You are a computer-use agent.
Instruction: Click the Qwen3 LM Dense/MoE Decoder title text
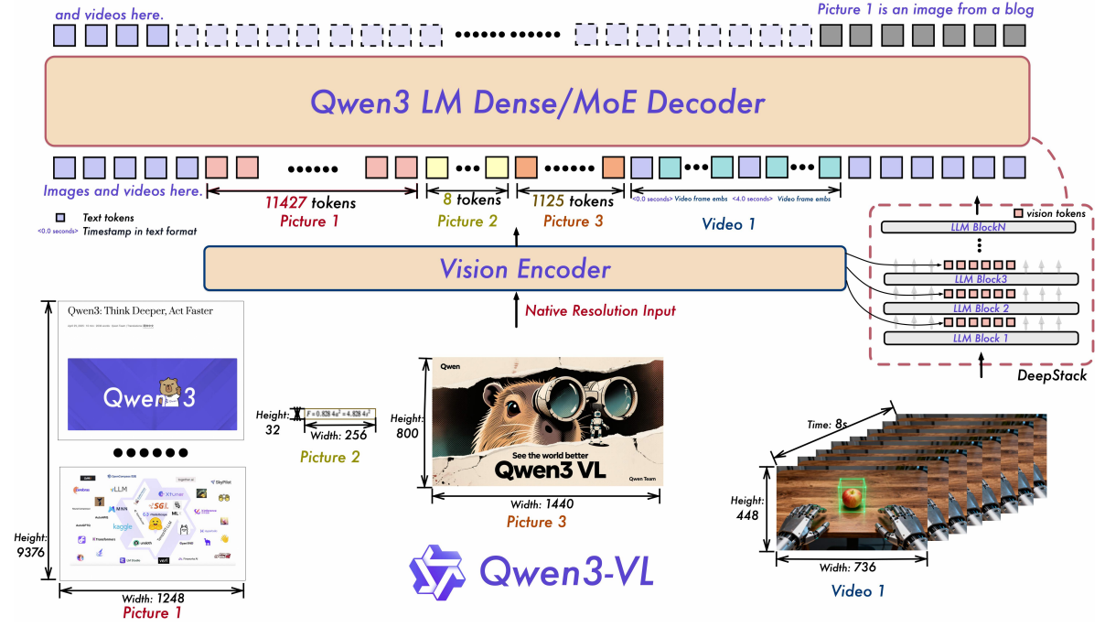[537, 102]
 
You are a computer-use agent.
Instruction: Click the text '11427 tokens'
[310, 202]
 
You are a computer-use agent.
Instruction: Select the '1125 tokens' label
[566, 200]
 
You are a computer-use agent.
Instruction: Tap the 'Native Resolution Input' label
[600, 311]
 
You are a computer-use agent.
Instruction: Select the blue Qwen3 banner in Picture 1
[153, 394]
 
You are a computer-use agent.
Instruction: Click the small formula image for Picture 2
[339, 414]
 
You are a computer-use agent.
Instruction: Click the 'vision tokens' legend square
[1018, 213]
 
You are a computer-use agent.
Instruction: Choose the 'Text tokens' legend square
[59, 218]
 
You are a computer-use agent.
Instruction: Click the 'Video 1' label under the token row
[728, 222]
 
